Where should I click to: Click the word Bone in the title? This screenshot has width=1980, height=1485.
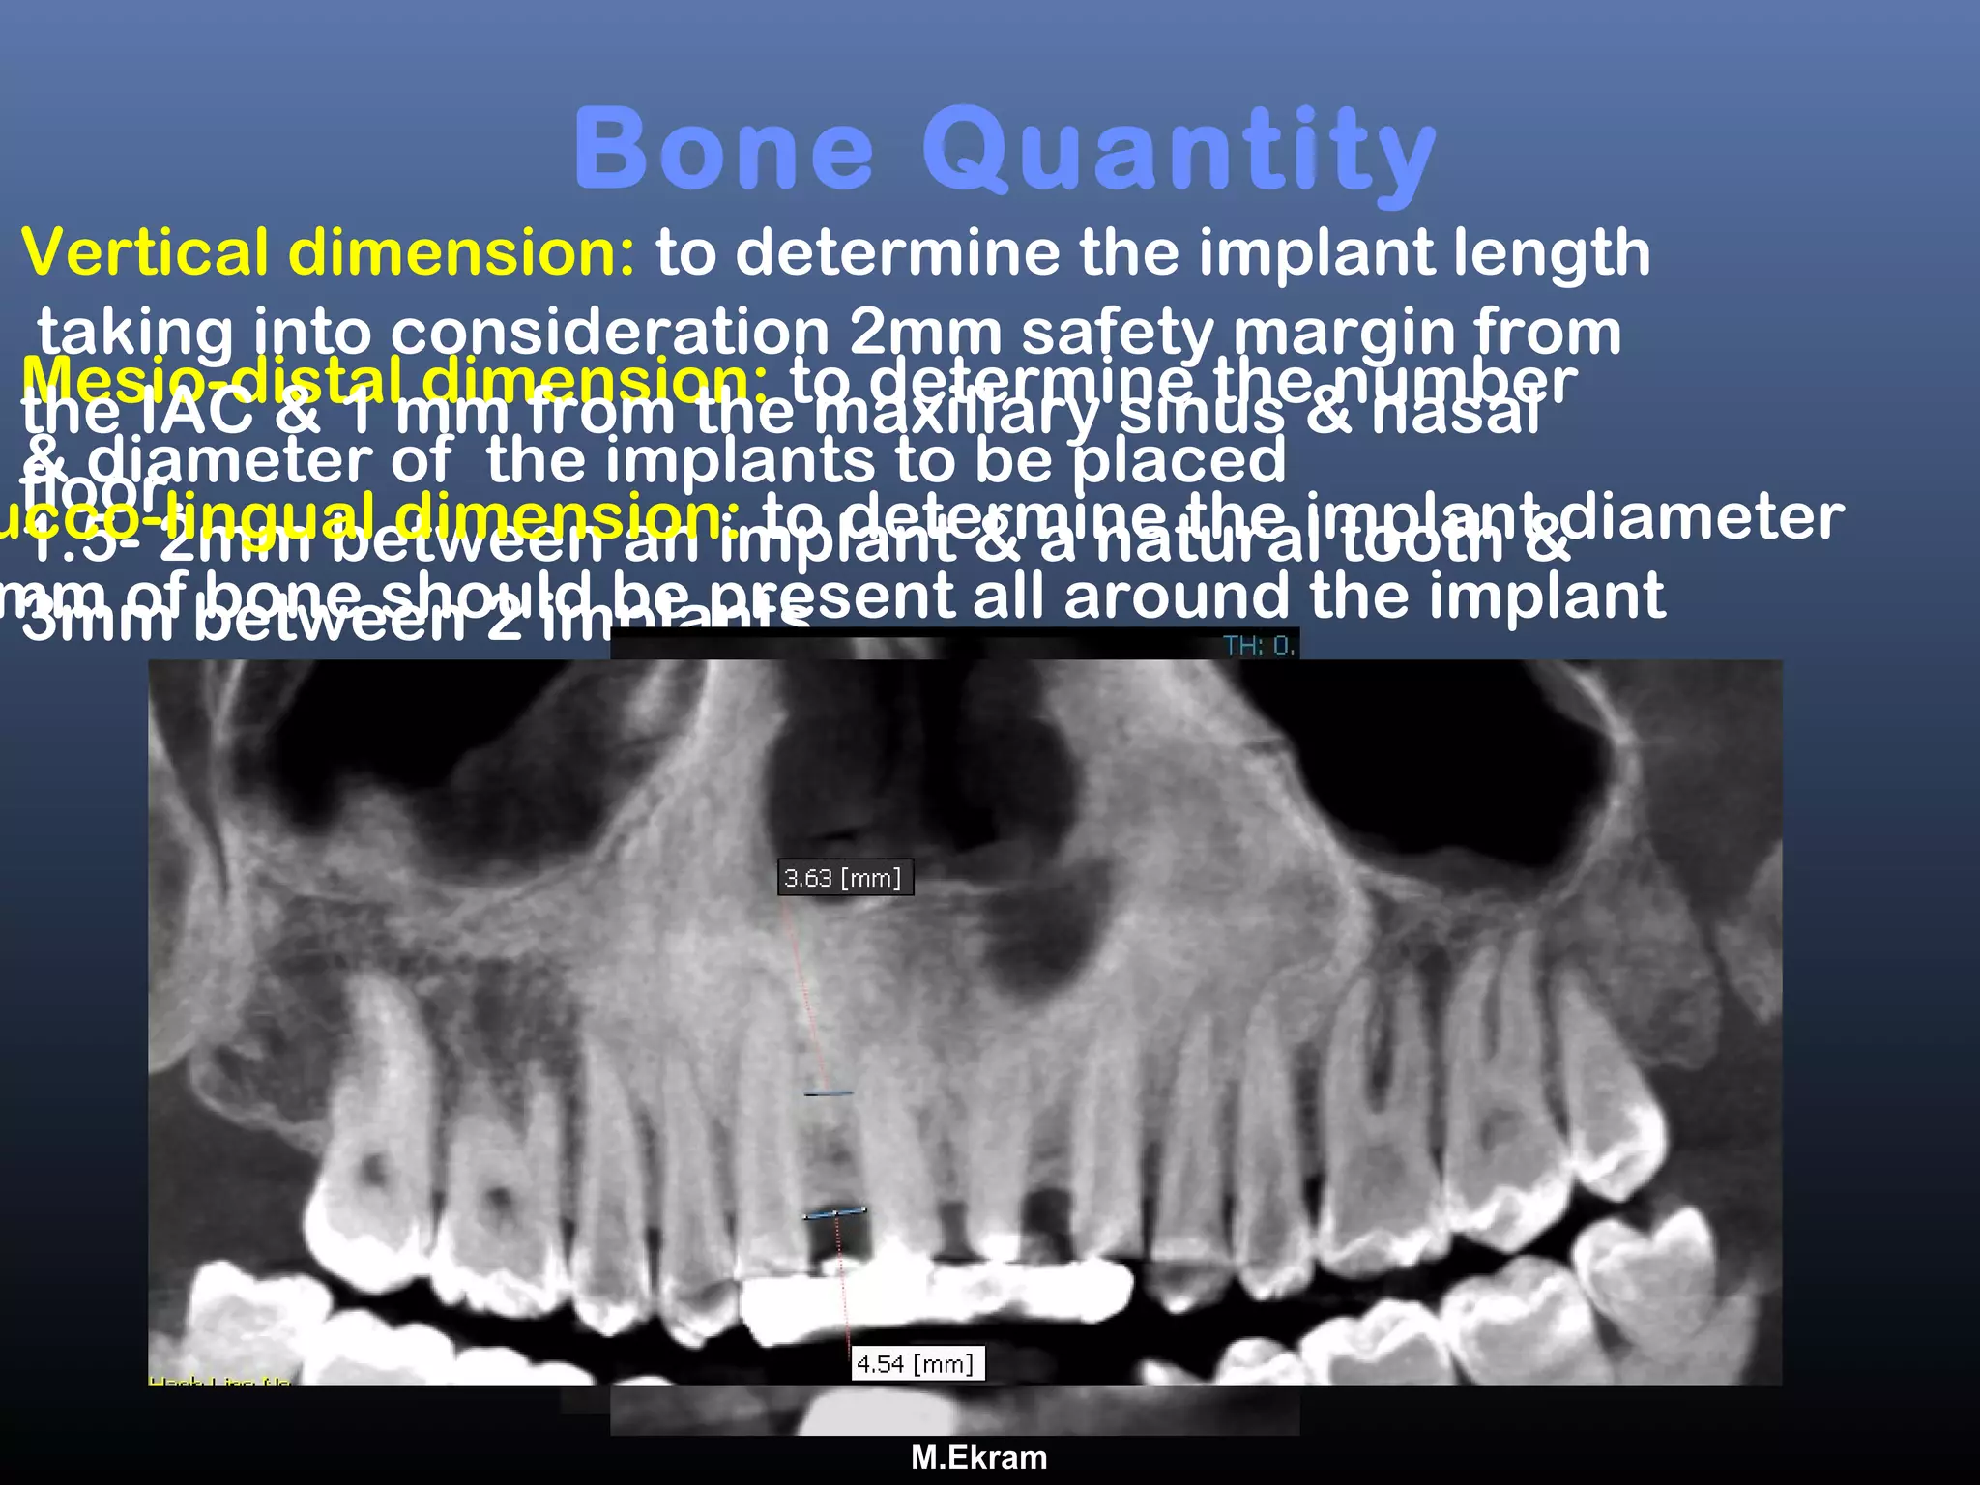[x=724, y=150]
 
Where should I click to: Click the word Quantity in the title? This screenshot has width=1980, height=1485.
[x=1179, y=153]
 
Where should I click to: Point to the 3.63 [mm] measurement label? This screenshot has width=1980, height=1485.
[x=844, y=878]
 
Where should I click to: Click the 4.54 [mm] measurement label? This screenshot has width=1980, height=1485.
[x=917, y=1364]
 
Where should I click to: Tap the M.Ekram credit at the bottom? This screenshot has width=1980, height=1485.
[x=978, y=1458]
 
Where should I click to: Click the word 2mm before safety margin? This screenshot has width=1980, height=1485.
[x=925, y=333]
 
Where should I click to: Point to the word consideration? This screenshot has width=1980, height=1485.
[x=610, y=333]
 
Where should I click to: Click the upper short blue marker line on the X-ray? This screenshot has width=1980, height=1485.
[x=829, y=1094]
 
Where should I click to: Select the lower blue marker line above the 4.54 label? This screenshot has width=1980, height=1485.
[x=834, y=1213]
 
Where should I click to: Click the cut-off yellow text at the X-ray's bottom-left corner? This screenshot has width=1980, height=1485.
[x=219, y=1381]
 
